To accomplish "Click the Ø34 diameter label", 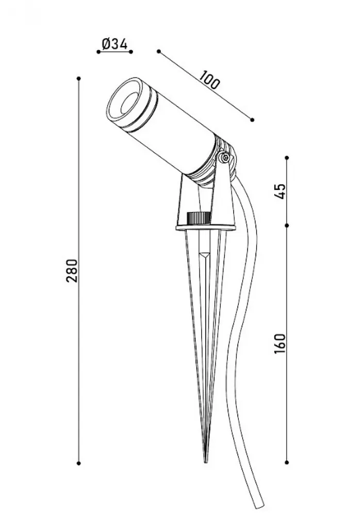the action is pyautogui.click(x=114, y=44).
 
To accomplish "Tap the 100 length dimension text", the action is pyautogui.click(x=209, y=79).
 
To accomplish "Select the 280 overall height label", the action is pyautogui.click(x=72, y=271).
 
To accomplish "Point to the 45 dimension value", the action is pyautogui.click(x=280, y=191).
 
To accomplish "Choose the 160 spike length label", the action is pyautogui.click(x=280, y=343).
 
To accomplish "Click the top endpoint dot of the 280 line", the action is pyautogui.click(x=79, y=78).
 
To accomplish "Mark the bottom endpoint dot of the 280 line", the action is pyautogui.click(x=79, y=464).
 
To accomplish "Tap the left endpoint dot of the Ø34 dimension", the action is pyautogui.click(x=99, y=52).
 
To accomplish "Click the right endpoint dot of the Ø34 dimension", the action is pyautogui.click(x=131, y=52).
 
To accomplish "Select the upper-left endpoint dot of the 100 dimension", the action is pyautogui.click(x=159, y=51).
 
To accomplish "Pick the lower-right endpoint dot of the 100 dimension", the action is pyautogui.click(x=252, y=120).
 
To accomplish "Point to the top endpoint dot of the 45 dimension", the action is pyautogui.click(x=287, y=158).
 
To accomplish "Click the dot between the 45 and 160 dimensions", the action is pyautogui.click(x=287, y=225).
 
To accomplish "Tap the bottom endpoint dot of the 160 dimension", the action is pyautogui.click(x=287, y=463).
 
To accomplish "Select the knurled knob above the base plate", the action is pyautogui.click(x=199, y=218).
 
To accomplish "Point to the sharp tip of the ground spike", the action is pyautogui.click(x=206, y=462).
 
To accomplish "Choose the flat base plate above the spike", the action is pyautogui.click(x=205, y=227).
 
